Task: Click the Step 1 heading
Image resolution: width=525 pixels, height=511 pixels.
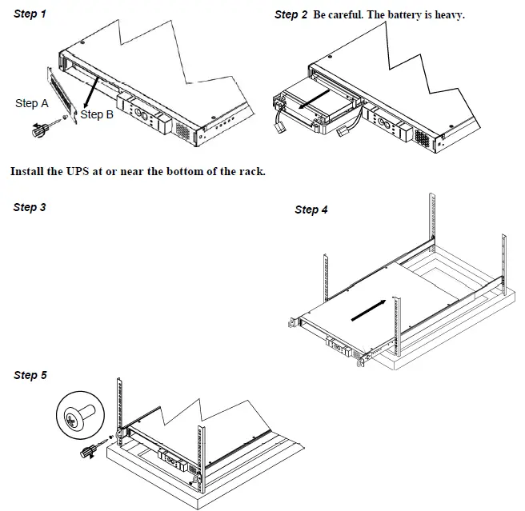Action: (x=30, y=14)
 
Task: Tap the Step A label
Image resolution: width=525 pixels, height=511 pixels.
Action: (x=32, y=103)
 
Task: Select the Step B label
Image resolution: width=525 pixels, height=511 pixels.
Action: (x=97, y=115)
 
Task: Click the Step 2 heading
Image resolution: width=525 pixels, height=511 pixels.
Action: (x=291, y=14)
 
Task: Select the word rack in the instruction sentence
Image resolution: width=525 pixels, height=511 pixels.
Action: (x=250, y=171)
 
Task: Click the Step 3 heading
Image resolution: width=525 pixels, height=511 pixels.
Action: (x=30, y=207)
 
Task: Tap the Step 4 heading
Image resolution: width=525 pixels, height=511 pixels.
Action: (x=311, y=210)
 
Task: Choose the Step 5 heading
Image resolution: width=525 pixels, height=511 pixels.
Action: (x=30, y=375)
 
